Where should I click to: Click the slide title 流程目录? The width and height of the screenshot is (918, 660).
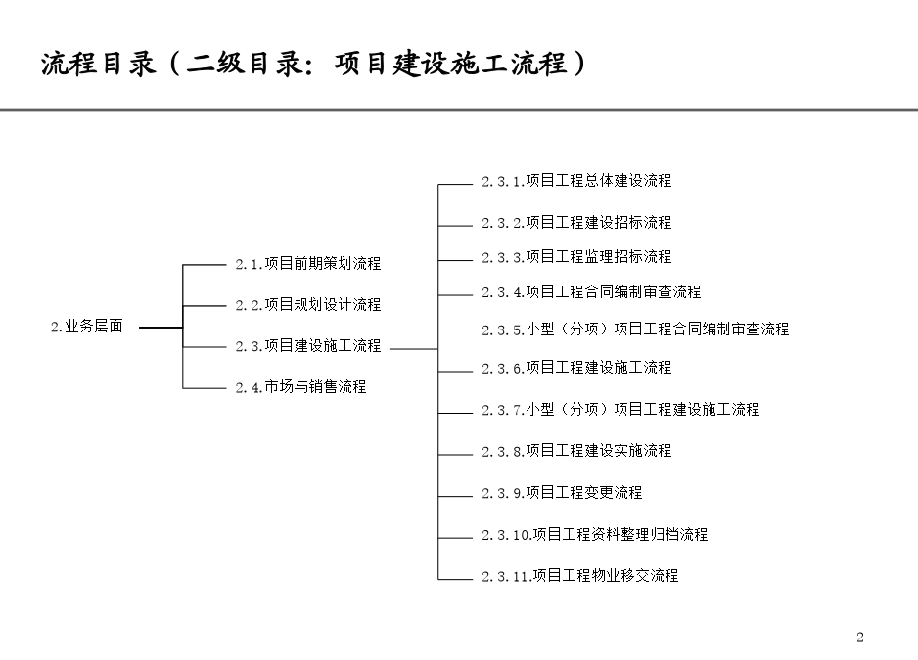pos(98,64)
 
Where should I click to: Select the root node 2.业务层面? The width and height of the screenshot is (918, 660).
pos(87,326)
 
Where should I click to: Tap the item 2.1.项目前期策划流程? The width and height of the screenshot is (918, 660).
pos(308,263)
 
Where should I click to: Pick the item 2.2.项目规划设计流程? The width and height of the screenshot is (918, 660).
pos(308,304)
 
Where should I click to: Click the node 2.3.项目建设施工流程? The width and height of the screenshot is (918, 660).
pos(308,345)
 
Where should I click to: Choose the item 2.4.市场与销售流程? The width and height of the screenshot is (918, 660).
pos(300,386)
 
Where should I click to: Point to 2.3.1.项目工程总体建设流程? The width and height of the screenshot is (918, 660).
pos(576,180)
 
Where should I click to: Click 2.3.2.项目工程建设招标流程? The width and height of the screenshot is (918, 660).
pos(576,222)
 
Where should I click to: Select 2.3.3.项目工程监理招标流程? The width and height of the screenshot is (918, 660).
pos(576,256)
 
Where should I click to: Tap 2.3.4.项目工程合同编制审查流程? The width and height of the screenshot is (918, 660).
pos(591,291)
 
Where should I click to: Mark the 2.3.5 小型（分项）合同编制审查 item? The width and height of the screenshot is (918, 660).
pos(635,329)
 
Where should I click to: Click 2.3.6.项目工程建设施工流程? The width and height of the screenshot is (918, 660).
pos(576,367)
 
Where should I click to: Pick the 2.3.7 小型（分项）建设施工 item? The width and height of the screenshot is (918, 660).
pos(620,409)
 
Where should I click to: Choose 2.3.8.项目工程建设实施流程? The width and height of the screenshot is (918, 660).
pos(576,450)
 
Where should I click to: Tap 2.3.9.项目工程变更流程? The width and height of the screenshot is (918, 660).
pos(562,492)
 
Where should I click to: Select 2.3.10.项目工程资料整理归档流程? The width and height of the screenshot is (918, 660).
pos(595,534)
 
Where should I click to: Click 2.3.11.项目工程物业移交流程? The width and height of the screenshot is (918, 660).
pos(580,575)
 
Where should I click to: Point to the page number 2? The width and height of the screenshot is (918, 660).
pos(860,638)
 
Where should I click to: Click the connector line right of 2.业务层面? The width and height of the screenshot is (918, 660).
pos(161,328)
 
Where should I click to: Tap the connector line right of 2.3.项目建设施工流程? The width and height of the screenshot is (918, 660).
pos(413,349)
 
